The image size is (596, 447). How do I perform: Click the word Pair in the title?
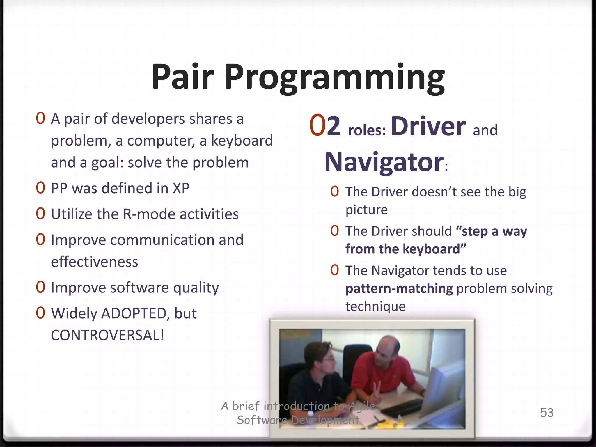[x=183, y=77]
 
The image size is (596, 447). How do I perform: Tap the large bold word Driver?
[x=428, y=127]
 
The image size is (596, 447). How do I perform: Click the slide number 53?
[x=547, y=413]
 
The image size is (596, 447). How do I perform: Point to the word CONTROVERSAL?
[x=107, y=335]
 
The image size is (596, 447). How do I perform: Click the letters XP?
[x=181, y=188]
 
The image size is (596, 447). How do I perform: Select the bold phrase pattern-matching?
[x=399, y=289]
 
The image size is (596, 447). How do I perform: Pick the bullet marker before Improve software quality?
[x=40, y=287]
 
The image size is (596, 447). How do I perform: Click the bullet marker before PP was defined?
[x=40, y=188]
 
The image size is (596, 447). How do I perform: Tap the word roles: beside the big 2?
[x=367, y=130]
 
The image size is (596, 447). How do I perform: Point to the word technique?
[x=375, y=306]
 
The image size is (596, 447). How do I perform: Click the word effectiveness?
[x=94, y=262]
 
